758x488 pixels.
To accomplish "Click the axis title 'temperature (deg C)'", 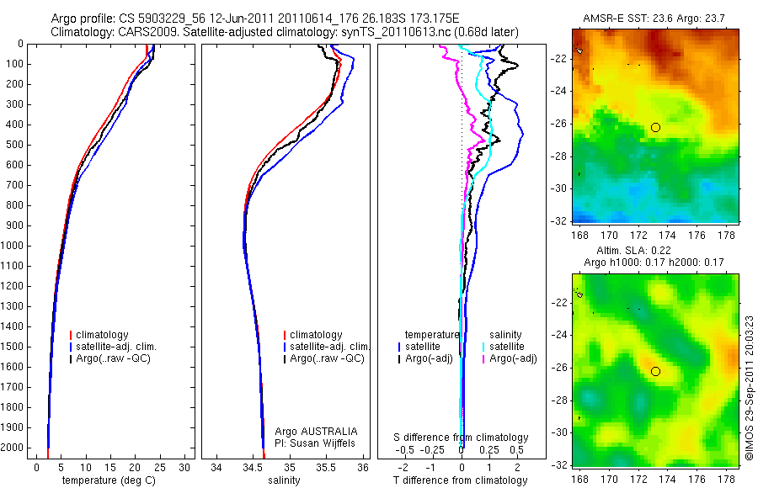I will [109, 480].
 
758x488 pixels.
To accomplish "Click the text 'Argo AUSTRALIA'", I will [311, 431].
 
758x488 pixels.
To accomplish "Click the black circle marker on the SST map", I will [655, 127].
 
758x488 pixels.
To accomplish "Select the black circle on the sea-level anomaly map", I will [655, 371].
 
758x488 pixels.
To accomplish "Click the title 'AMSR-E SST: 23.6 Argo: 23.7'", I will [652, 19].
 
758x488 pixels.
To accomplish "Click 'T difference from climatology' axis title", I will [460, 480].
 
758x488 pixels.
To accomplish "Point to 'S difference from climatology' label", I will [462, 438].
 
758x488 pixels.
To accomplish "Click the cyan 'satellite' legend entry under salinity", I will [508, 347].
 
